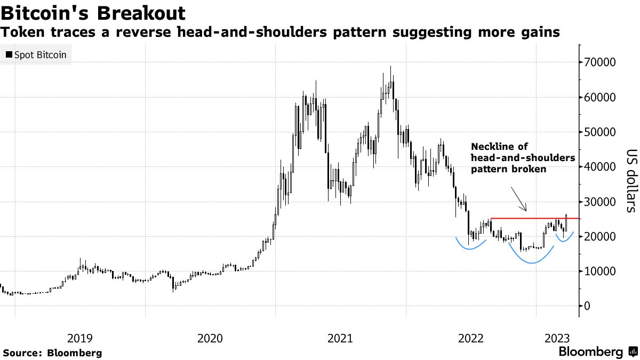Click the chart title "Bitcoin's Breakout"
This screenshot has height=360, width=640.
93,13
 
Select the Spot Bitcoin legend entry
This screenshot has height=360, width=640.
36,55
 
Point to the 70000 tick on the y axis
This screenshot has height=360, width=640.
601,62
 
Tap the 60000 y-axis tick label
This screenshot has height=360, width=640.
601,98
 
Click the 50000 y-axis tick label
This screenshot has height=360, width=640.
601,132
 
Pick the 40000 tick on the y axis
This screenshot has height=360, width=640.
601,167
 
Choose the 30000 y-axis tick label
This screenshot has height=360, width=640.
601,202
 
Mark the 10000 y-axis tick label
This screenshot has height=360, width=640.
601,271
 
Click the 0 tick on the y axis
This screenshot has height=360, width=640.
587,306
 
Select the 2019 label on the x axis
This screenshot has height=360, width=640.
80,338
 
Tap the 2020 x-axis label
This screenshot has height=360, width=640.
210,338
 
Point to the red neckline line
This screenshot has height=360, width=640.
533,218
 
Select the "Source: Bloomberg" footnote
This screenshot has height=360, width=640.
52,353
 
